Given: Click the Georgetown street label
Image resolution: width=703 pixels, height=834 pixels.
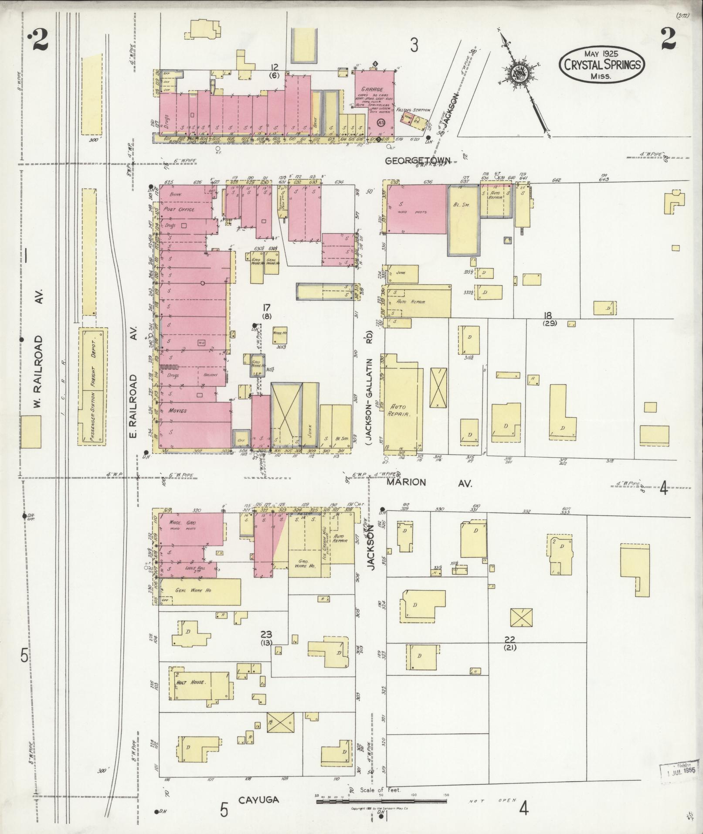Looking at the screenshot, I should click(418, 161).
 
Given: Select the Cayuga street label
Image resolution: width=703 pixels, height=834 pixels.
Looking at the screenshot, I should click(258, 800).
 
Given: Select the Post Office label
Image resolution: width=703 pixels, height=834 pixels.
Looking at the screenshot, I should click(179, 209).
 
